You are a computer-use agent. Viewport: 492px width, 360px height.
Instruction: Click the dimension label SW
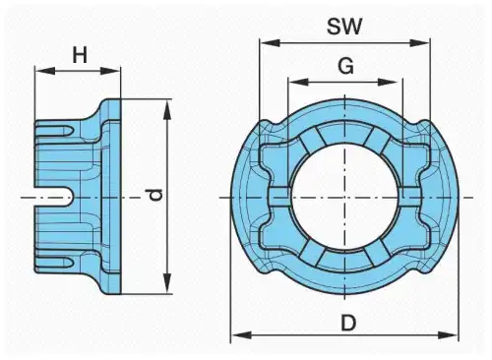click(344, 27)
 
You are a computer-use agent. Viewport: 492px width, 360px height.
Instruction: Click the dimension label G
click(345, 66)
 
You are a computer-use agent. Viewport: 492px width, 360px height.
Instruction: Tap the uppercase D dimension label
click(348, 323)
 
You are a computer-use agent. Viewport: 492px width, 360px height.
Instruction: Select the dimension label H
click(80, 55)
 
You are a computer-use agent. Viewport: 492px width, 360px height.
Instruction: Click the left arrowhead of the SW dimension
click(270, 42)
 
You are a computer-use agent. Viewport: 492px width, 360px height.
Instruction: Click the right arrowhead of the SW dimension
click(419, 42)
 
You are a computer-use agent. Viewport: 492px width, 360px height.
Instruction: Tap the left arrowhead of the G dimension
click(298, 82)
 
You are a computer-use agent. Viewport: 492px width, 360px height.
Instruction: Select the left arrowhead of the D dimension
click(241, 335)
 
